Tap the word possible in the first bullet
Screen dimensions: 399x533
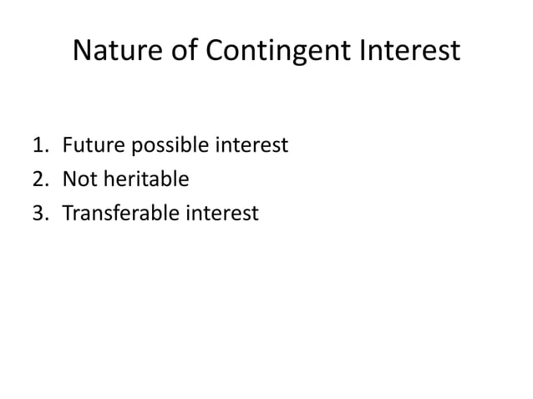[170, 148]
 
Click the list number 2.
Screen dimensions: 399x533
[38, 180]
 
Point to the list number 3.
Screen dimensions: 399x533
[38, 215]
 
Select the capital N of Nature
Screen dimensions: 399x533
[83, 52]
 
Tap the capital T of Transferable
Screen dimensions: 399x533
[67, 215]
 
